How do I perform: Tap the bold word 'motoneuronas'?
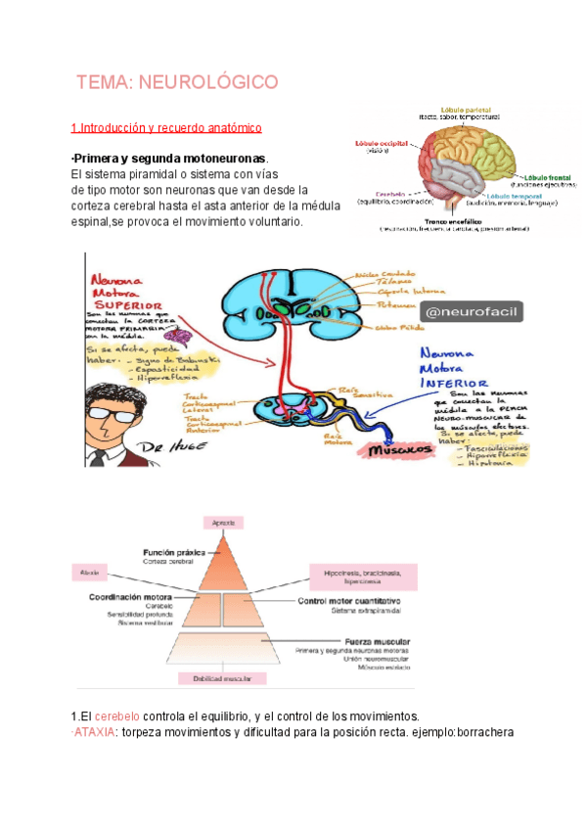(x=226, y=160)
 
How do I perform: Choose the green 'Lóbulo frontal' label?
(x=551, y=174)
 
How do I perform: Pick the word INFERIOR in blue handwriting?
(x=453, y=384)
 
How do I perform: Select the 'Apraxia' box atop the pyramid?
(x=233, y=524)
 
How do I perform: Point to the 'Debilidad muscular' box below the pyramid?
(x=233, y=676)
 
